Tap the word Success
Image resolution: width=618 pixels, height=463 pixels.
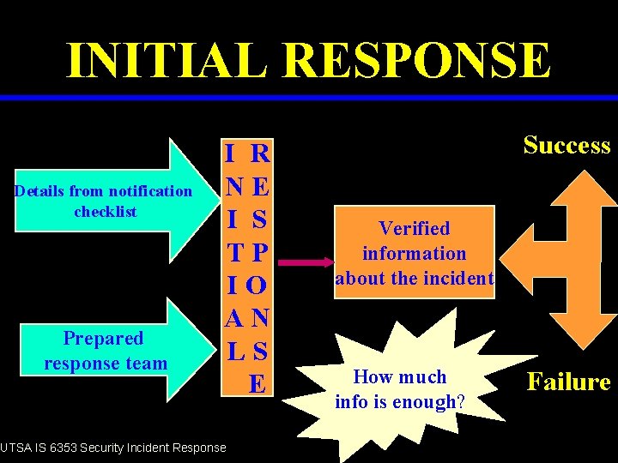click(x=566, y=145)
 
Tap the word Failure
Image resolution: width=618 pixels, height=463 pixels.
click(x=569, y=382)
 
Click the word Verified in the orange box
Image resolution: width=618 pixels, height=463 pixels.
click(x=415, y=228)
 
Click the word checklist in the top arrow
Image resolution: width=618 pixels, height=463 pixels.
click(x=106, y=212)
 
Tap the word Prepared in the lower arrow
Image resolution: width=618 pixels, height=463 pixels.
click(x=102, y=339)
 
